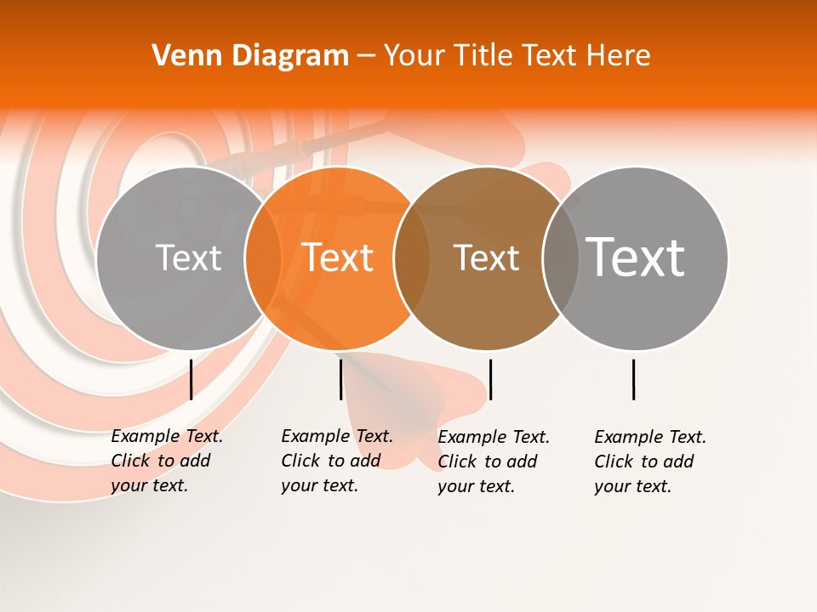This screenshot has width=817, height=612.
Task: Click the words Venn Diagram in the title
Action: (x=250, y=56)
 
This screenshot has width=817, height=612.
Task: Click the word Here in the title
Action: (x=619, y=56)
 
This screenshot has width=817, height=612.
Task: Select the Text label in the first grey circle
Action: (x=188, y=258)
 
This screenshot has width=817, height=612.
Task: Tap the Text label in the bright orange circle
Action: (x=338, y=258)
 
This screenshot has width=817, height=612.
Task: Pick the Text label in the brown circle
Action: (x=486, y=258)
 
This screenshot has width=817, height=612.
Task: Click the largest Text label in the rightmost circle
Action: (x=636, y=257)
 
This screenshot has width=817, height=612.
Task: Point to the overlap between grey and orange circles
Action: (x=263, y=258)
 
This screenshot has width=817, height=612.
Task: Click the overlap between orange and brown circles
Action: (x=412, y=258)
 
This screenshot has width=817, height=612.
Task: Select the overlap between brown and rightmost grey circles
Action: (x=560, y=258)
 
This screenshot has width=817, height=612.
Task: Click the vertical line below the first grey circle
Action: (x=191, y=379)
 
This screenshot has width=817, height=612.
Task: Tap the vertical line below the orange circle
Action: (x=340, y=379)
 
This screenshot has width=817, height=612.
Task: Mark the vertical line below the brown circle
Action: (x=490, y=379)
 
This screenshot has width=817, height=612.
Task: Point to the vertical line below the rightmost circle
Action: (x=633, y=379)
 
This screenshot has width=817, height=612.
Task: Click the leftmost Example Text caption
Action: (x=166, y=461)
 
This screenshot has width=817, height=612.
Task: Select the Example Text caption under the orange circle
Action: (x=336, y=461)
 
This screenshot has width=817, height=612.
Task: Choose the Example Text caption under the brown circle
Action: (x=493, y=462)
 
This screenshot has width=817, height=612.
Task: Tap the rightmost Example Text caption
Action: (x=649, y=462)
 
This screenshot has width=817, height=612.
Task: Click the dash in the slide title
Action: (x=366, y=57)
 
